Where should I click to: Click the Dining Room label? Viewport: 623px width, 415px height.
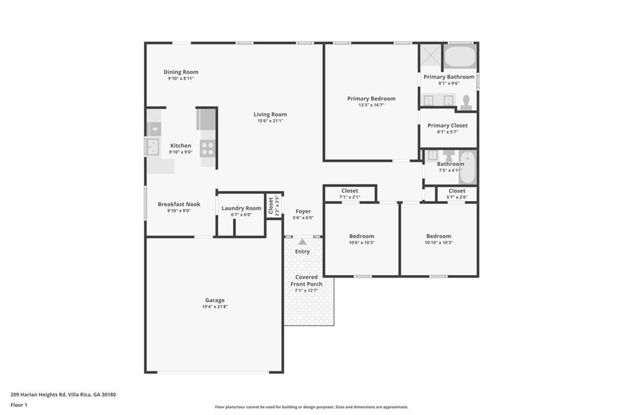click(181, 72)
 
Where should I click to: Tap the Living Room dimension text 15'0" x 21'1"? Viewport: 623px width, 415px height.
click(270, 121)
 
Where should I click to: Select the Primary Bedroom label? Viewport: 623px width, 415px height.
click(371, 99)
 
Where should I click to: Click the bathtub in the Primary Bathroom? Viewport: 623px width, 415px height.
click(460, 57)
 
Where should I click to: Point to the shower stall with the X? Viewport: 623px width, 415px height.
click(431, 55)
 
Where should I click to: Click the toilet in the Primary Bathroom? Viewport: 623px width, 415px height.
click(466, 103)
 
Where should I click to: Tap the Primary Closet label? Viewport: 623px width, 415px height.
click(447, 125)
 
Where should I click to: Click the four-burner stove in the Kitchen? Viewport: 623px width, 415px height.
click(207, 148)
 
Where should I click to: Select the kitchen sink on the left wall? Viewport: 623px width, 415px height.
click(153, 147)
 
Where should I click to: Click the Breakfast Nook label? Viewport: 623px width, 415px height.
click(179, 204)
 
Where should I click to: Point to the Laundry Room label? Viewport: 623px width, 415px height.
click(241, 208)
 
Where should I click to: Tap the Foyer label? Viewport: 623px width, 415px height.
click(303, 211)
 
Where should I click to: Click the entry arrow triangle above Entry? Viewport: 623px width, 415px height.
click(302, 242)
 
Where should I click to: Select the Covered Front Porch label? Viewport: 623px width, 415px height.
click(307, 281)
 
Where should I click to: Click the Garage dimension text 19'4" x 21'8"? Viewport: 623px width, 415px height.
click(215, 307)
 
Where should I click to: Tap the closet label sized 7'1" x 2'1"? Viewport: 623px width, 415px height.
click(350, 191)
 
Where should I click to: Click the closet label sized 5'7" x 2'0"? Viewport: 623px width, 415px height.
click(457, 191)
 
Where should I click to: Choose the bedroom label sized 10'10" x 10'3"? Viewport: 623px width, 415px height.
click(439, 235)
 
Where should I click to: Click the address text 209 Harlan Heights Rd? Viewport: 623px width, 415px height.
click(38, 395)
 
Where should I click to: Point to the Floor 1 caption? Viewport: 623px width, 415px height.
click(19, 405)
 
